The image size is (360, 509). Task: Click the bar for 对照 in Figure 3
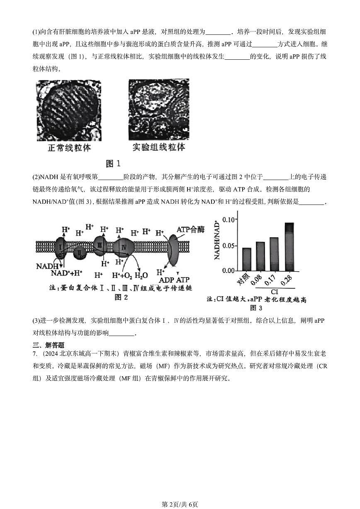246,259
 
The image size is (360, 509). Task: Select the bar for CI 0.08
260,256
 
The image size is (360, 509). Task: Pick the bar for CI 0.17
274,254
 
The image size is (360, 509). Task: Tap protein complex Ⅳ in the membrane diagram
123,247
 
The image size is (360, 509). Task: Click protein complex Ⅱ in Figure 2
80,251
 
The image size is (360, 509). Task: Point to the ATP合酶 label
190,230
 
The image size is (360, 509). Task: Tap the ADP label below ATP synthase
167,280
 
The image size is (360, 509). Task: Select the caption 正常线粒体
69,148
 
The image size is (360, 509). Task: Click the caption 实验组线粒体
159,147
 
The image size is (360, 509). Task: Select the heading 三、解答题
48,345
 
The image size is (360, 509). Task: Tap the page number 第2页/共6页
180,504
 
